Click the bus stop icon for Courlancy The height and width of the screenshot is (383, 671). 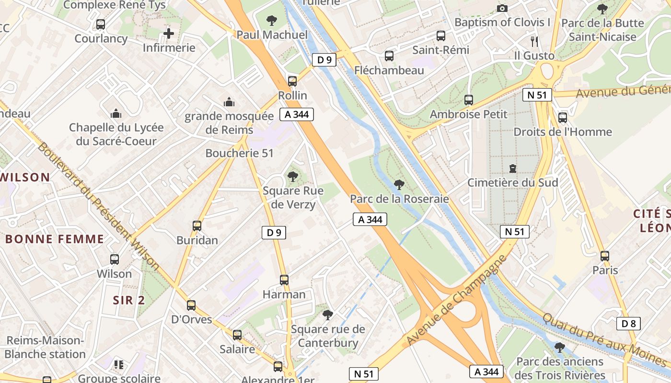click(101, 24)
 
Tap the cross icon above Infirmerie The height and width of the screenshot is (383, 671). click(169, 34)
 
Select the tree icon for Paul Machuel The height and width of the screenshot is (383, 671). click(272, 20)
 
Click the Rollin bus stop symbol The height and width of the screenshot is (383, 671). click(292, 81)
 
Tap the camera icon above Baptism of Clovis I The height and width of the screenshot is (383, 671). click(502, 8)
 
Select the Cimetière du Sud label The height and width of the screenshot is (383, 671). click(512, 182)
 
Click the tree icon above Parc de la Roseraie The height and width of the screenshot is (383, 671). click(399, 184)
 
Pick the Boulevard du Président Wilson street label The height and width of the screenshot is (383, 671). click(98, 206)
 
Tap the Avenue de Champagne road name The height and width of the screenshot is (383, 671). click(456, 300)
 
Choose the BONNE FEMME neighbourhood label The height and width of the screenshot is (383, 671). click(54, 239)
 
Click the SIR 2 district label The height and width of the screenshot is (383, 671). click(128, 300)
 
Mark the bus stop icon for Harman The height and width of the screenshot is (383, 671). click(284, 280)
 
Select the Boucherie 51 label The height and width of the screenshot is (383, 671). click(239, 153)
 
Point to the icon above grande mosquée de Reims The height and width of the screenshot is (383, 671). click(229, 102)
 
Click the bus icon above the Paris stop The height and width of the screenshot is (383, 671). click(605, 256)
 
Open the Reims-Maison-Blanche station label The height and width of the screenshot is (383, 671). click(45, 348)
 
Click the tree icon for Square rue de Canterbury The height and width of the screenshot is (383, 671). click(328, 315)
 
